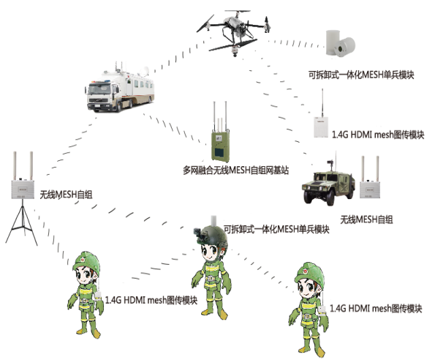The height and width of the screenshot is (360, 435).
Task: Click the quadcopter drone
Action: (235, 31)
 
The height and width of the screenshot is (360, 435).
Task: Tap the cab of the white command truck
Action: (101, 96)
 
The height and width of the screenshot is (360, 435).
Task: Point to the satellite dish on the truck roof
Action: (144, 72)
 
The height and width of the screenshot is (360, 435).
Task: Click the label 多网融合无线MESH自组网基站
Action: (236, 170)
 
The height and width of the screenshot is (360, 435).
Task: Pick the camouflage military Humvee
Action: (328, 184)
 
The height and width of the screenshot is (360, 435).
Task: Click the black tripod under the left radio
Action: (22, 222)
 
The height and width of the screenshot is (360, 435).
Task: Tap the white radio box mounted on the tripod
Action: (23, 190)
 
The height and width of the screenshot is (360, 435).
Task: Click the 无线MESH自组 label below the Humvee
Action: (366, 220)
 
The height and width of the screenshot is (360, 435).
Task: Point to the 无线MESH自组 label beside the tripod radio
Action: (66, 195)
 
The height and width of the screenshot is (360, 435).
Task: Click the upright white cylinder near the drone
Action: (333, 42)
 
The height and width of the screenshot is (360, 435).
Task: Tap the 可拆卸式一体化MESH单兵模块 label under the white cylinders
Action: (361, 75)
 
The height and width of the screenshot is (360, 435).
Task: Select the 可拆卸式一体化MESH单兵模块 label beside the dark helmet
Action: (276, 229)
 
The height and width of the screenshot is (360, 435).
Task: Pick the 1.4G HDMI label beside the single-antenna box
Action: (378, 135)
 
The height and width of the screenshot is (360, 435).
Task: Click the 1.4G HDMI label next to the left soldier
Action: (151, 300)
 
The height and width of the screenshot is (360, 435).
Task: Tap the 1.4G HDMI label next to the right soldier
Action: (376, 308)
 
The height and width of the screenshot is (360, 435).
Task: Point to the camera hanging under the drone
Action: (235, 50)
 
